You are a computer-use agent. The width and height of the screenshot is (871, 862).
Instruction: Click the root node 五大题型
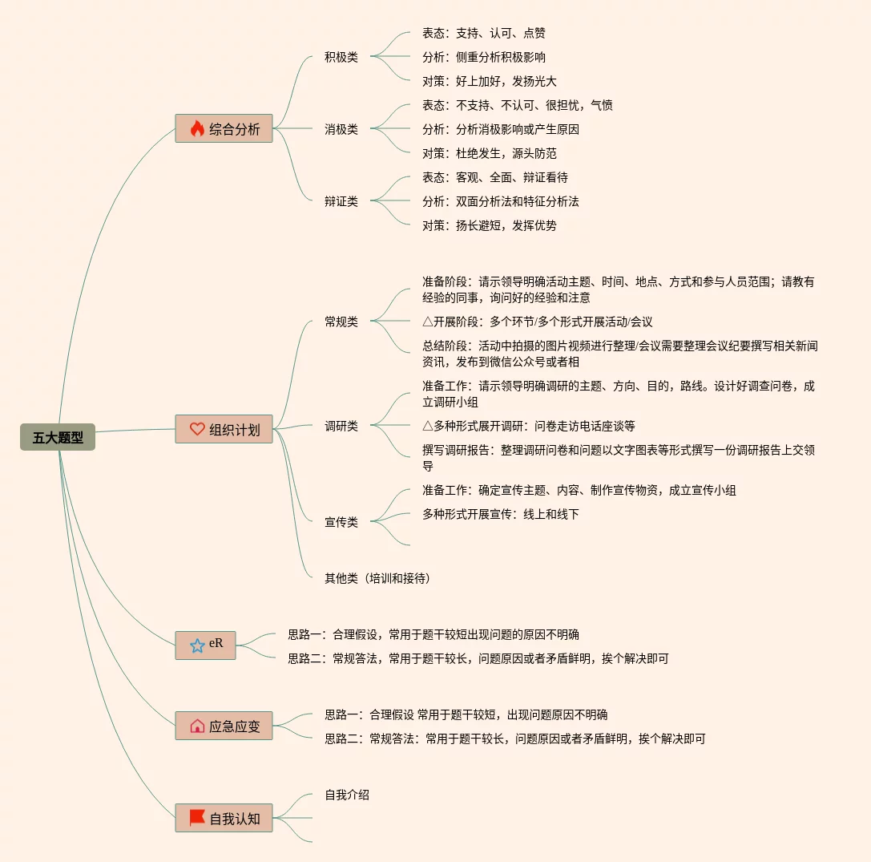(58, 437)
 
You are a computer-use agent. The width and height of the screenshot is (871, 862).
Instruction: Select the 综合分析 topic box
(224, 128)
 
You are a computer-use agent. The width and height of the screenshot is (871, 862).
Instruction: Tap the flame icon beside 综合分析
(197, 128)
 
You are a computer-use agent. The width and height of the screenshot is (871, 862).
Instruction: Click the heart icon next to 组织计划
(197, 429)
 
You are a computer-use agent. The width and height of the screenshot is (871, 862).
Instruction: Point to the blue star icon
(197, 645)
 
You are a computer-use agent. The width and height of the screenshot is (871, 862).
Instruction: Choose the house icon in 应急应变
(197, 726)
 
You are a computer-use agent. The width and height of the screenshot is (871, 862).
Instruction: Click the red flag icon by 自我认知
(197, 818)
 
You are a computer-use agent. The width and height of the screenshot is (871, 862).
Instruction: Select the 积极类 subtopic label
(341, 57)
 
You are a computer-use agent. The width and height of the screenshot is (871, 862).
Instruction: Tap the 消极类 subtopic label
(341, 129)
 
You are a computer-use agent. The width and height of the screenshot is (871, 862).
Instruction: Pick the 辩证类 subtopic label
(341, 201)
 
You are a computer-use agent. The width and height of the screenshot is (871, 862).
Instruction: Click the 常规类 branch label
(341, 322)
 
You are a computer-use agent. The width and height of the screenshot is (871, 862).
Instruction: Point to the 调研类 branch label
(341, 426)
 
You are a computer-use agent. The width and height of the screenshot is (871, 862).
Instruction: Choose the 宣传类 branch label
(341, 522)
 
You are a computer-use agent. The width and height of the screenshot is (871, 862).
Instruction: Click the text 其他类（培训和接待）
(377, 578)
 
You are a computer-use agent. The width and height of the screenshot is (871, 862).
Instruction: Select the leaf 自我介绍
(347, 795)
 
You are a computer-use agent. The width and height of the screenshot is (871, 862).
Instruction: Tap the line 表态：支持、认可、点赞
(484, 33)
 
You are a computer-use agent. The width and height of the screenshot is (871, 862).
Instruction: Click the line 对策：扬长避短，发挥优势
(489, 225)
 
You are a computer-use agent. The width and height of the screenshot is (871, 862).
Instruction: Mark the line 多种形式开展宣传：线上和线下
(500, 514)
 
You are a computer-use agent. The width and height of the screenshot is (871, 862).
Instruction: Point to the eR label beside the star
(216, 643)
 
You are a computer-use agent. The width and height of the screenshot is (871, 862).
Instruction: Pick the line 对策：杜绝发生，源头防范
(489, 153)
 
